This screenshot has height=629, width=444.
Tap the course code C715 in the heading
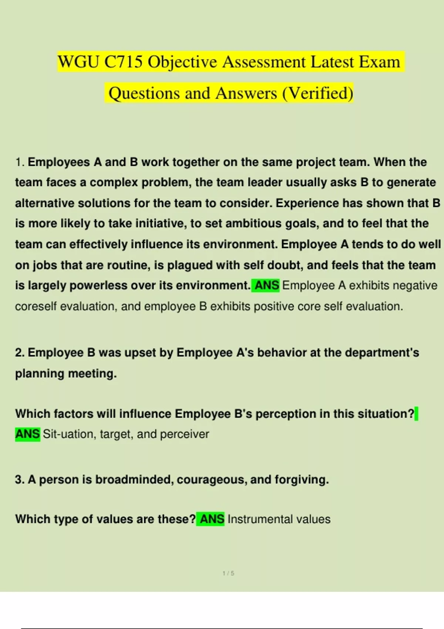click(124, 62)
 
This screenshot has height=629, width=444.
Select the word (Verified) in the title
click(318, 93)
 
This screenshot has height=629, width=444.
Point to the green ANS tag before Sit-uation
click(27, 434)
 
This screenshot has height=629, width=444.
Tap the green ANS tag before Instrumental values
click(212, 519)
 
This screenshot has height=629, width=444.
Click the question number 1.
click(20, 162)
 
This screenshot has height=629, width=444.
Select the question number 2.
click(19, 353)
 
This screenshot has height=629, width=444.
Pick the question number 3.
click(19, 480)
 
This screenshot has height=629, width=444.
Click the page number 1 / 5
click(228, 573)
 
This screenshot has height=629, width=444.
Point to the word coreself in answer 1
click(36, 306)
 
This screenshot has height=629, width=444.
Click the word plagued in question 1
click(190, 265)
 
